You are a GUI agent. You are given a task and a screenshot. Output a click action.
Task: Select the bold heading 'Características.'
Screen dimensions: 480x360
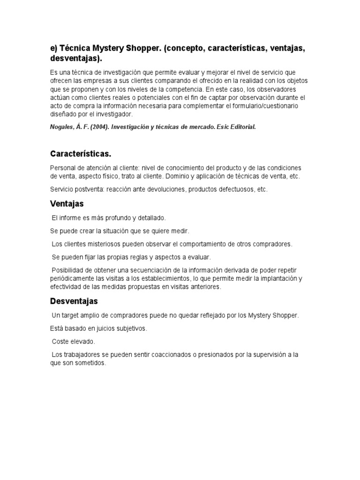80,154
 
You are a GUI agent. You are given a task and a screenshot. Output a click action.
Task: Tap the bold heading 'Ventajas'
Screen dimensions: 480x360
67,204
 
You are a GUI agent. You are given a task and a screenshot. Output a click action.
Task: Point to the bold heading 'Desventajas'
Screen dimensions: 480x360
74,301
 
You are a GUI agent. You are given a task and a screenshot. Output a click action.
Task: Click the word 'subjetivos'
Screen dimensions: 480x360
132,329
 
